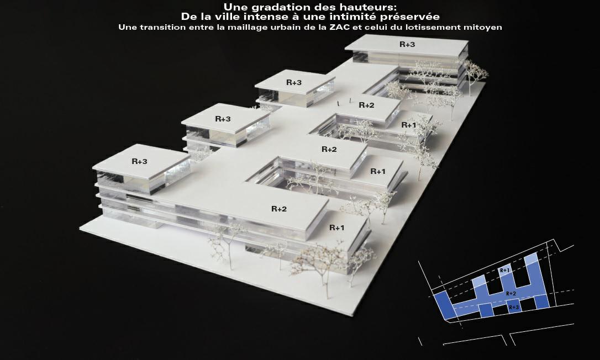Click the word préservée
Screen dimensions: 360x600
[x=409, y=17]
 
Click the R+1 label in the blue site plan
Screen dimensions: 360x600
[x=504, y=270]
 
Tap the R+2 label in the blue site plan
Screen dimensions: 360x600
[x=511, y=293]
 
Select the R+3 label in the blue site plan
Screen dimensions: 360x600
[x=514, y=307]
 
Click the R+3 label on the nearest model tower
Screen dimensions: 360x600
[x=139, y=161]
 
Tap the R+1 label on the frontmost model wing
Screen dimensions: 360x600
[x=336, y=227]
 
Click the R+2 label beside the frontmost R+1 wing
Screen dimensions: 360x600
[x=279, y=209]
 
